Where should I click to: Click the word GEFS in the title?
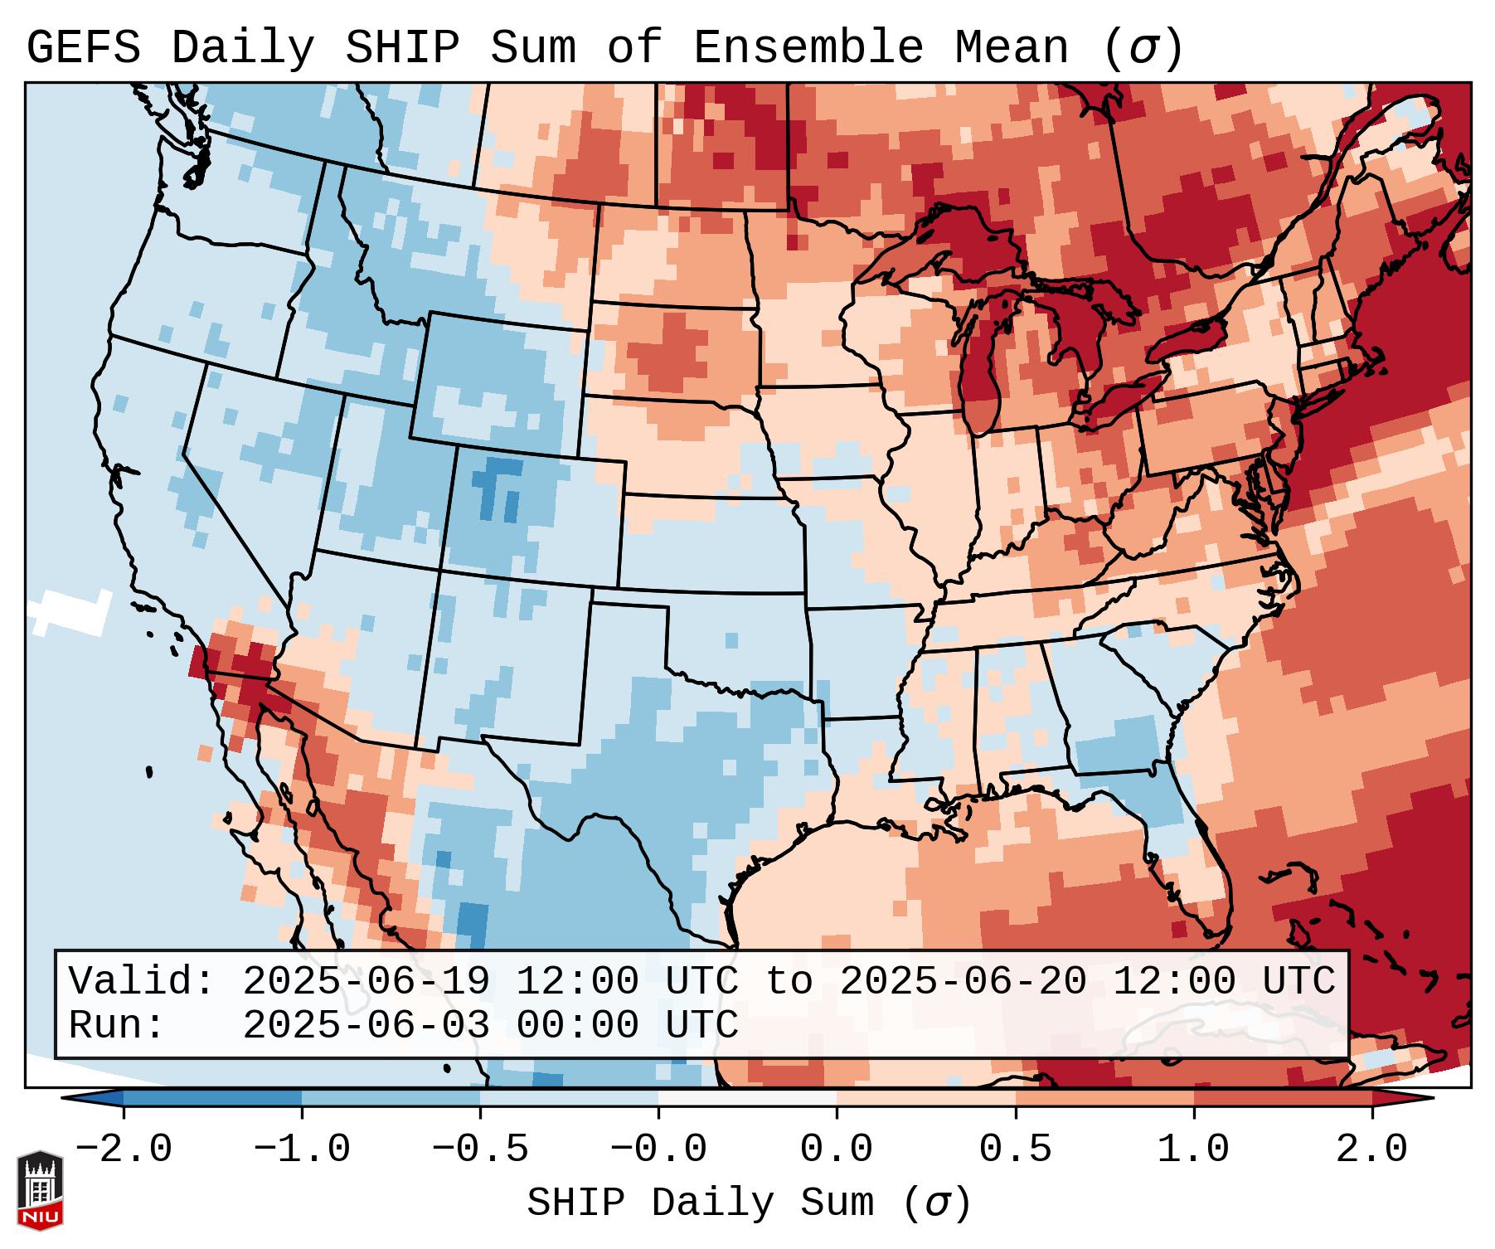point(84,48)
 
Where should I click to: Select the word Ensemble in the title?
point(808,48)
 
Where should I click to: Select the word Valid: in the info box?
point(142,982)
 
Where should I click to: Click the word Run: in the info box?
point(117,1026)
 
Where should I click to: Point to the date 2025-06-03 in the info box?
point(366,1026)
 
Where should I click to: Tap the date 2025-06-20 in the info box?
point(963,982)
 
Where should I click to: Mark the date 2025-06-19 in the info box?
point(366,982)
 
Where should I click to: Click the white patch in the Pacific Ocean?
point(70,613)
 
